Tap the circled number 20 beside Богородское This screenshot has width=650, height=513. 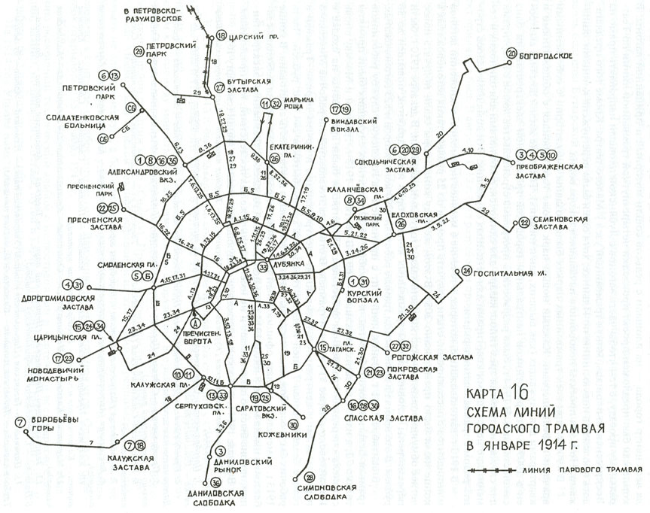tap(511, 54)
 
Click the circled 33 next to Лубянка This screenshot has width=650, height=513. tap(263, 266)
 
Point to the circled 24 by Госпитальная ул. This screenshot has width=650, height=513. tap(467, 271)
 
